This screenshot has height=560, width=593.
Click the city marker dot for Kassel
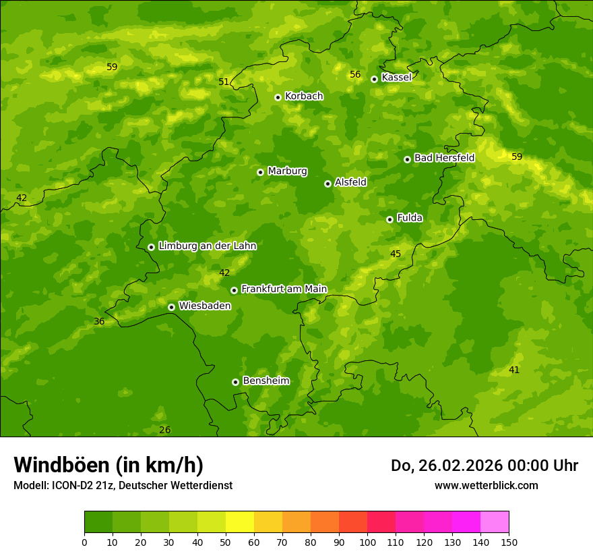[374, 79]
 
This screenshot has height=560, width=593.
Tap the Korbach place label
[304, 96]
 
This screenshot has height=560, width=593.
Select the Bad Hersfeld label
[444, 158]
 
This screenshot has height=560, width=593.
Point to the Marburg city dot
[260, 172]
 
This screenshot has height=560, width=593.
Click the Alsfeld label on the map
[350, 182]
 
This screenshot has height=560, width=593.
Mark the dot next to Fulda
[389, 219]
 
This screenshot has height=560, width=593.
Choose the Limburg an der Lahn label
[207, 246]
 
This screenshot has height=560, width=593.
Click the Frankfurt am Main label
[284, 289]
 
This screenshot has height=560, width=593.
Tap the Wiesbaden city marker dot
[171, 307]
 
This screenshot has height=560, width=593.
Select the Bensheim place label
[266, 381]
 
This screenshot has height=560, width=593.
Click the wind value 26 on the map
[165, 430]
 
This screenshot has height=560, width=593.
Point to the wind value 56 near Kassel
[355, 74]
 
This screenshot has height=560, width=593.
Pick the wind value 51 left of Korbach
[224, 82]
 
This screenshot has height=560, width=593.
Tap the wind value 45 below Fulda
[396, 254]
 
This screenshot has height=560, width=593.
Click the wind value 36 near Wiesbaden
[99, 321]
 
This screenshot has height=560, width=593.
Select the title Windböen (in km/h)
[108, 465]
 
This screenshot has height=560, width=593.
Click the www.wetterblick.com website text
[486, 485]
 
